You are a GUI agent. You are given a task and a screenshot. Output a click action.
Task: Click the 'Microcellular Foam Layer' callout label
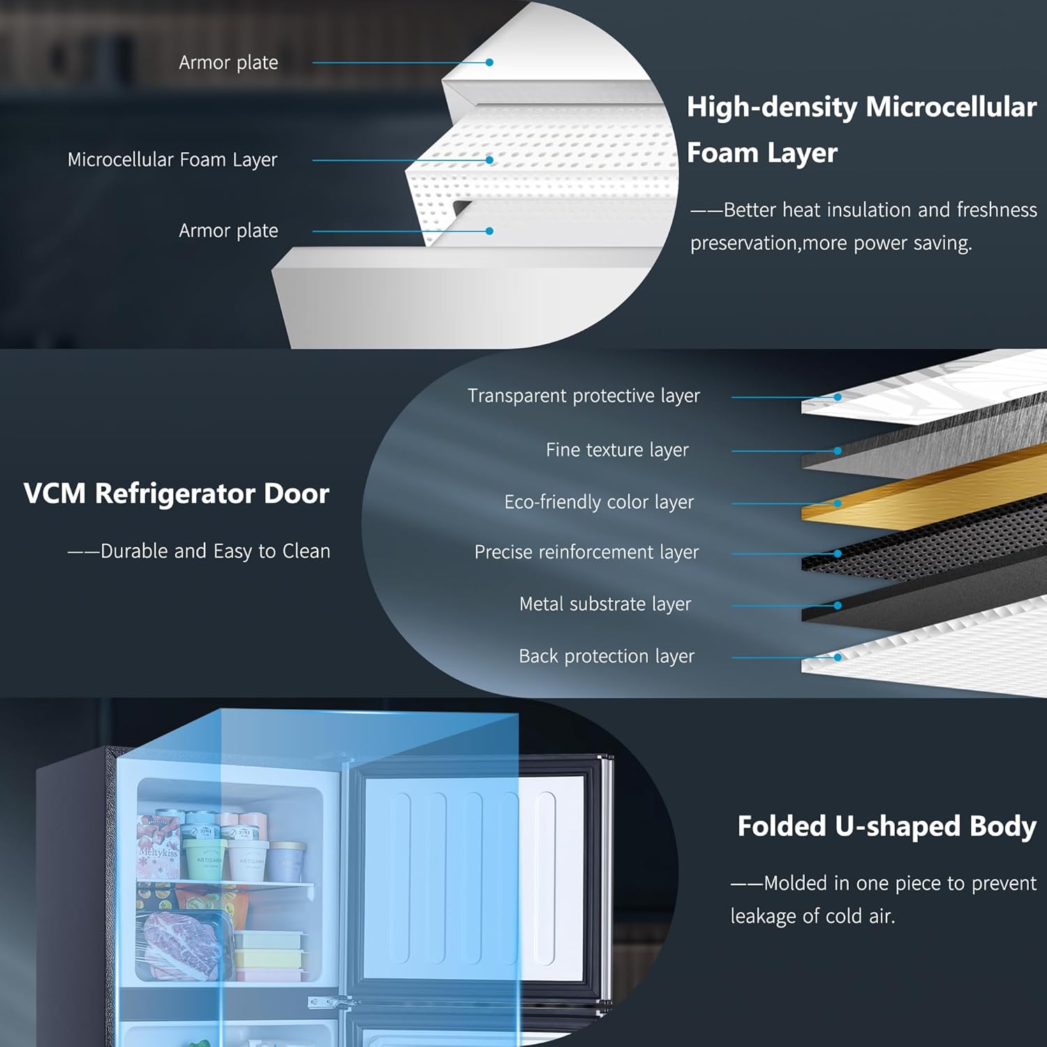172,160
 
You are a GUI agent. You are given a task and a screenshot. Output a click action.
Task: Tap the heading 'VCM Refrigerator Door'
176,493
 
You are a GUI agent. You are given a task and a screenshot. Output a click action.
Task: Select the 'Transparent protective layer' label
584,396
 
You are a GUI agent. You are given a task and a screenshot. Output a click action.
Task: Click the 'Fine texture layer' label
617,450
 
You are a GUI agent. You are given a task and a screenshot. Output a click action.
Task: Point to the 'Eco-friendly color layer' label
599,503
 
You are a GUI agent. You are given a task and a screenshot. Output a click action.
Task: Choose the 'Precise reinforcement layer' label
586,552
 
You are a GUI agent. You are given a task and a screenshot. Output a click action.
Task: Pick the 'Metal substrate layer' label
605,604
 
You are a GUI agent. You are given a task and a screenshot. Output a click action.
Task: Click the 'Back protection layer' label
607,656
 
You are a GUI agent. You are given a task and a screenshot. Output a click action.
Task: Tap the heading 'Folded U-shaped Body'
887,826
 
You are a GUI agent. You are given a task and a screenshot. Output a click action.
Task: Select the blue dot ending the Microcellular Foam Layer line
490,160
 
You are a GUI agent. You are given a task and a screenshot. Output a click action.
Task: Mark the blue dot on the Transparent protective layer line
838,397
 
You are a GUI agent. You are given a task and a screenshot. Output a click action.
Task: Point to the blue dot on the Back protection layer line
838,657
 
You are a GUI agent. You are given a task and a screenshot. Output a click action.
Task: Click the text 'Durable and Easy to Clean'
215,551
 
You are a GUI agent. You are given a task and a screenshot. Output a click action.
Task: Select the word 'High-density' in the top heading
772,107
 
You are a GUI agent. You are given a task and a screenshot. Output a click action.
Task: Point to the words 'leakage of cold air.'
812,916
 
